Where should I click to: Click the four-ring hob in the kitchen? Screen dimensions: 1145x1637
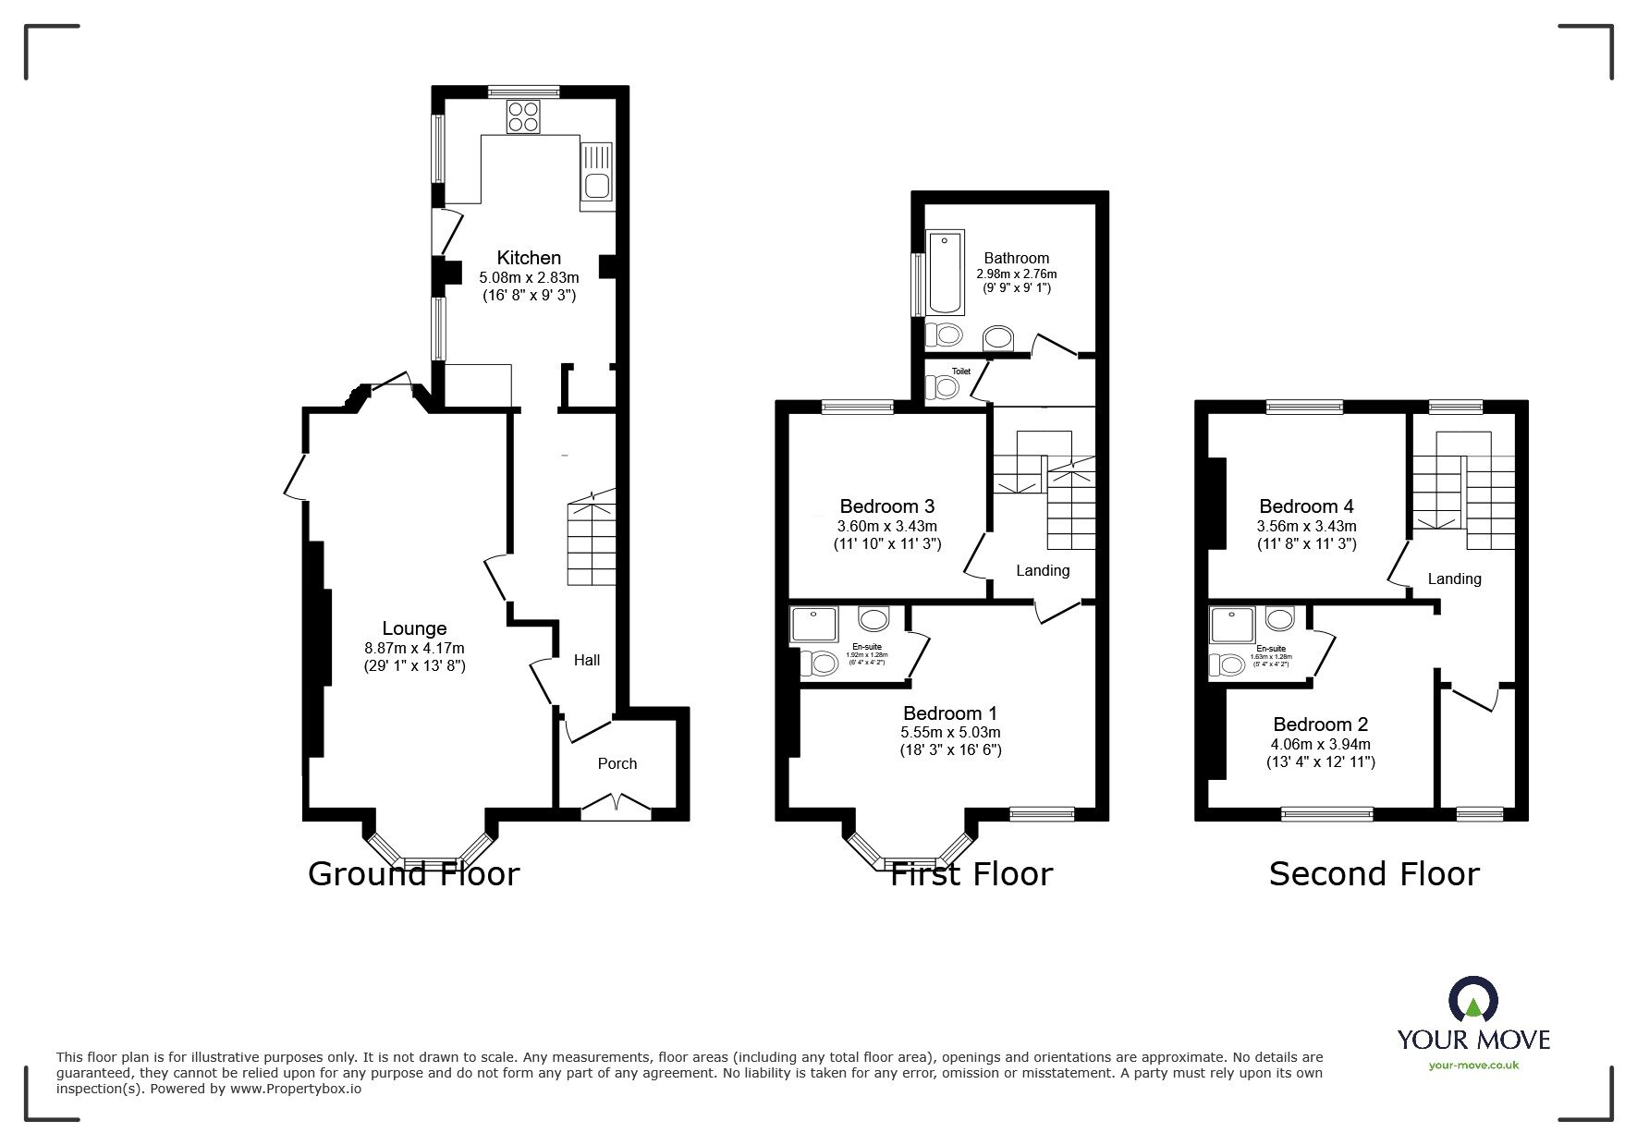point(523,117)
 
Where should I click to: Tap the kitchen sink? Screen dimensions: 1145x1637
point(596,172)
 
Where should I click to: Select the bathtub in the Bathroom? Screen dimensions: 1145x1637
point(946,274)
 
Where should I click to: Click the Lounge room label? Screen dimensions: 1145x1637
point(414,629)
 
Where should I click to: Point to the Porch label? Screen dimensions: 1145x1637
point(617,763)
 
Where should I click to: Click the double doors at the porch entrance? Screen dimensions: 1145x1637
point(616,805)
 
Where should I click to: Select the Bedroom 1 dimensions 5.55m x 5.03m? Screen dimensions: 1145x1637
point(950,732)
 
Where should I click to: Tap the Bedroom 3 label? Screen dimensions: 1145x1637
point(886,506)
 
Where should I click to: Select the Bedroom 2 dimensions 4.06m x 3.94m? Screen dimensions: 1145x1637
point(1320,744)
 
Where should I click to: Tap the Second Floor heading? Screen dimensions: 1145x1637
point(1374,873)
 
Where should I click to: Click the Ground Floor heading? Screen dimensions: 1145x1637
point(413,873)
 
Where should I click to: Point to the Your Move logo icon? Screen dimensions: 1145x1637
point(1472,1003)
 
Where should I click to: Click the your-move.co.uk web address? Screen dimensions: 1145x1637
point(1473,1066)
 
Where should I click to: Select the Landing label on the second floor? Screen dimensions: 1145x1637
point(1454,579)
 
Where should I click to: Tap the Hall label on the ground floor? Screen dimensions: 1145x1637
point(587,660)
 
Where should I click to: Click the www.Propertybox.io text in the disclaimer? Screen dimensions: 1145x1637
point(296,1089)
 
